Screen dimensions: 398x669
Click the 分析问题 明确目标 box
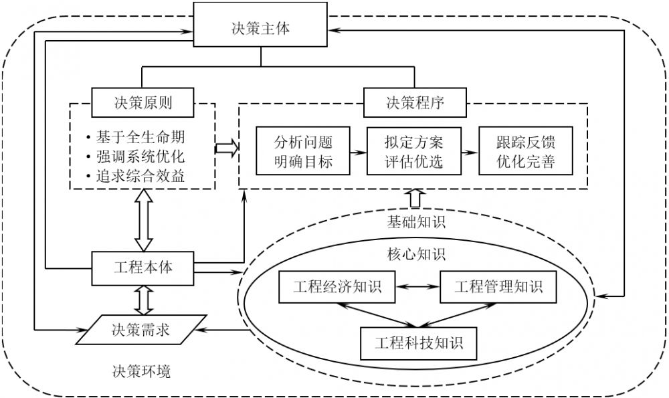pos(303,152)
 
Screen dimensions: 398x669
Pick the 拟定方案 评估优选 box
pos(414,152)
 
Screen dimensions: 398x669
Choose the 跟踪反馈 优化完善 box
pos(525,152)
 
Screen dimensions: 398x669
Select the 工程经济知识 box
pos(337,288)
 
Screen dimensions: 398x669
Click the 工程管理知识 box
pos(498,288)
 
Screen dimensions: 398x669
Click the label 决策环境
pos(141,370)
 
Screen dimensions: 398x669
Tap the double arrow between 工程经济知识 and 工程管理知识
pos(417,288)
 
